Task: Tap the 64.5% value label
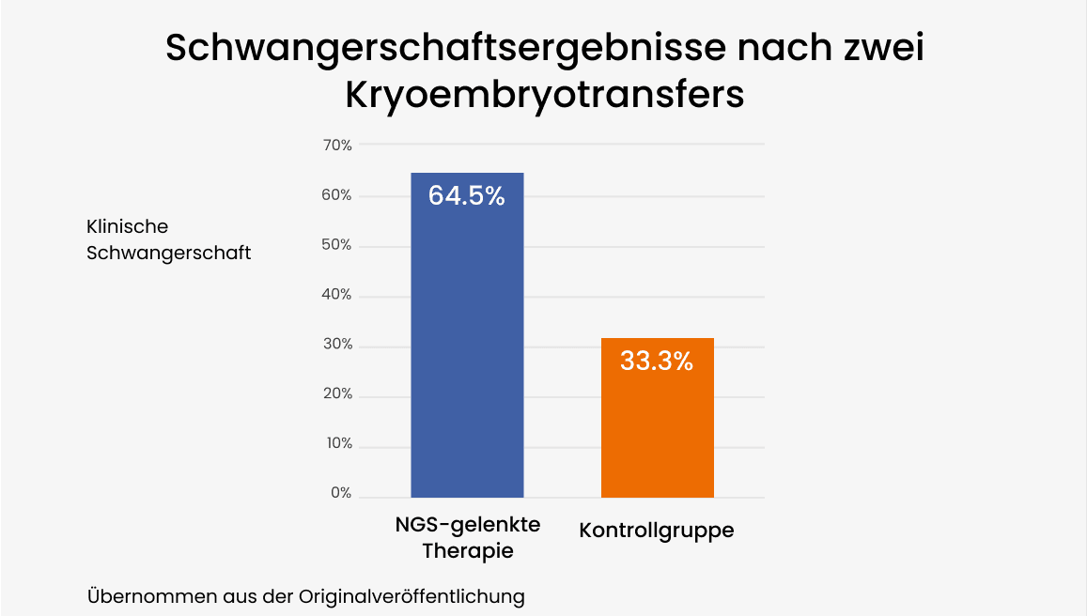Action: (467, 196)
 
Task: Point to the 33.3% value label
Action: (657, 361)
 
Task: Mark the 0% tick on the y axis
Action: (342, 493)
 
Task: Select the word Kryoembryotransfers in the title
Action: (545, 95)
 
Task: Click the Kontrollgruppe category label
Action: (657, 531)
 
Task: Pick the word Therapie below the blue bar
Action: (468, 551)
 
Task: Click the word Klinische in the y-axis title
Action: (128, 227)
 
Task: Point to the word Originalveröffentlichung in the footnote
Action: (412, 597)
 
